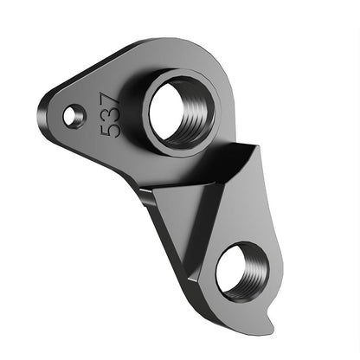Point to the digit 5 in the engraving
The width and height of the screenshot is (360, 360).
110,131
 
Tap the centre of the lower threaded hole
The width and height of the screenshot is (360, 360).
242,270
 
